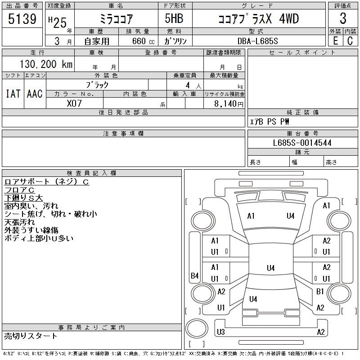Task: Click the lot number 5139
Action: [x=22, y=19]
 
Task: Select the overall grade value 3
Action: [x=343, y=18]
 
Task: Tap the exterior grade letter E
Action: [x=335, y=41]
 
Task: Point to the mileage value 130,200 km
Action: [x=46, y=64]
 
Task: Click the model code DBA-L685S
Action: [x=257, y=41]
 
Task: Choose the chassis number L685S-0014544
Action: [x=302, y=143]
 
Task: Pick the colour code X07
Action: [x=74, y=103]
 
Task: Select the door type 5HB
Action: [x=174, y=18]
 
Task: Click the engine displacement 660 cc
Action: [x=144, y=41]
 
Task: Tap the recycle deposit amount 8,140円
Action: [x=229, y=104]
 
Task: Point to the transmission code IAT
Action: [x=13, y=94]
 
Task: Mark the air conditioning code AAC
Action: [x=35, y=94]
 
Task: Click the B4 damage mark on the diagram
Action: [x=195, y=275]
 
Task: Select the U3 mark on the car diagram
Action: [x=220, y=332]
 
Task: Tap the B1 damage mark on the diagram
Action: [x=320, y=292]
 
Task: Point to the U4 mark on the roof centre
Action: [x=271, y=268]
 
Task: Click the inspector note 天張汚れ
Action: [x=19, y=222]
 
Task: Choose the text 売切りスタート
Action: [x=31, y=336]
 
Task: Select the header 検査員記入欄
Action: [x=91, y=173]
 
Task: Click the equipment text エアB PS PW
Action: [x=270, y=121]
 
